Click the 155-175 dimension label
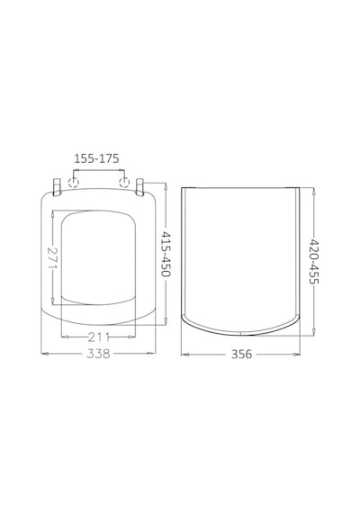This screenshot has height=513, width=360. (x=96, y=158)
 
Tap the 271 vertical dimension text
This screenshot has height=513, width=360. (x=52, y=257)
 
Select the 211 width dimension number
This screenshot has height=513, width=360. (x=98, y=337)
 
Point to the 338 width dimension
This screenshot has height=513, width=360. (x=98, y=354)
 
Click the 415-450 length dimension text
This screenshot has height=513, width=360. (x=166, y=254)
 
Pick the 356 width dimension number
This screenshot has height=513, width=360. (x=241, y=354)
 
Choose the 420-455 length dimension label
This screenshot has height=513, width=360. (x=313, y=261)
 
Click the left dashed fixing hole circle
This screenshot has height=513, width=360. (x=73, y=182)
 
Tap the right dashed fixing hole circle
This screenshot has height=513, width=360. (x=124, y=182)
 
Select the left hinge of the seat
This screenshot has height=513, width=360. (x=57, y=187)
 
